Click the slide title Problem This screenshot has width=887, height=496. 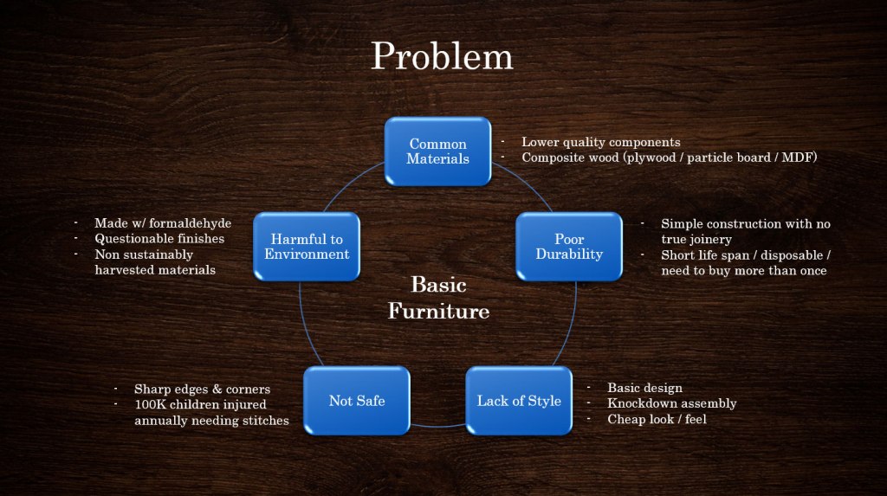click(442, 57)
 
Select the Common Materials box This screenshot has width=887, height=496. click(437, 151)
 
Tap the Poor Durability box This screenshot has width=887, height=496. click(569, 247)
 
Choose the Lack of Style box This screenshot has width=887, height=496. click(519, 401)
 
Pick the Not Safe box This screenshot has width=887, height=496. click(356, 401)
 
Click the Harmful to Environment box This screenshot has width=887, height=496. click(307, 247)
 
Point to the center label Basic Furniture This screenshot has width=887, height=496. click(438, 298)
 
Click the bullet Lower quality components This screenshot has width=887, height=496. click(600, 142)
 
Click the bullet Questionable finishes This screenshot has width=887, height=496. click(159, 239)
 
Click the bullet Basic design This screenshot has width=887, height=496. click(644, 388)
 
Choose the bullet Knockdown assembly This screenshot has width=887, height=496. click(671, 403)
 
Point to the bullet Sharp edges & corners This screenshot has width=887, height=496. click(202, 389)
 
